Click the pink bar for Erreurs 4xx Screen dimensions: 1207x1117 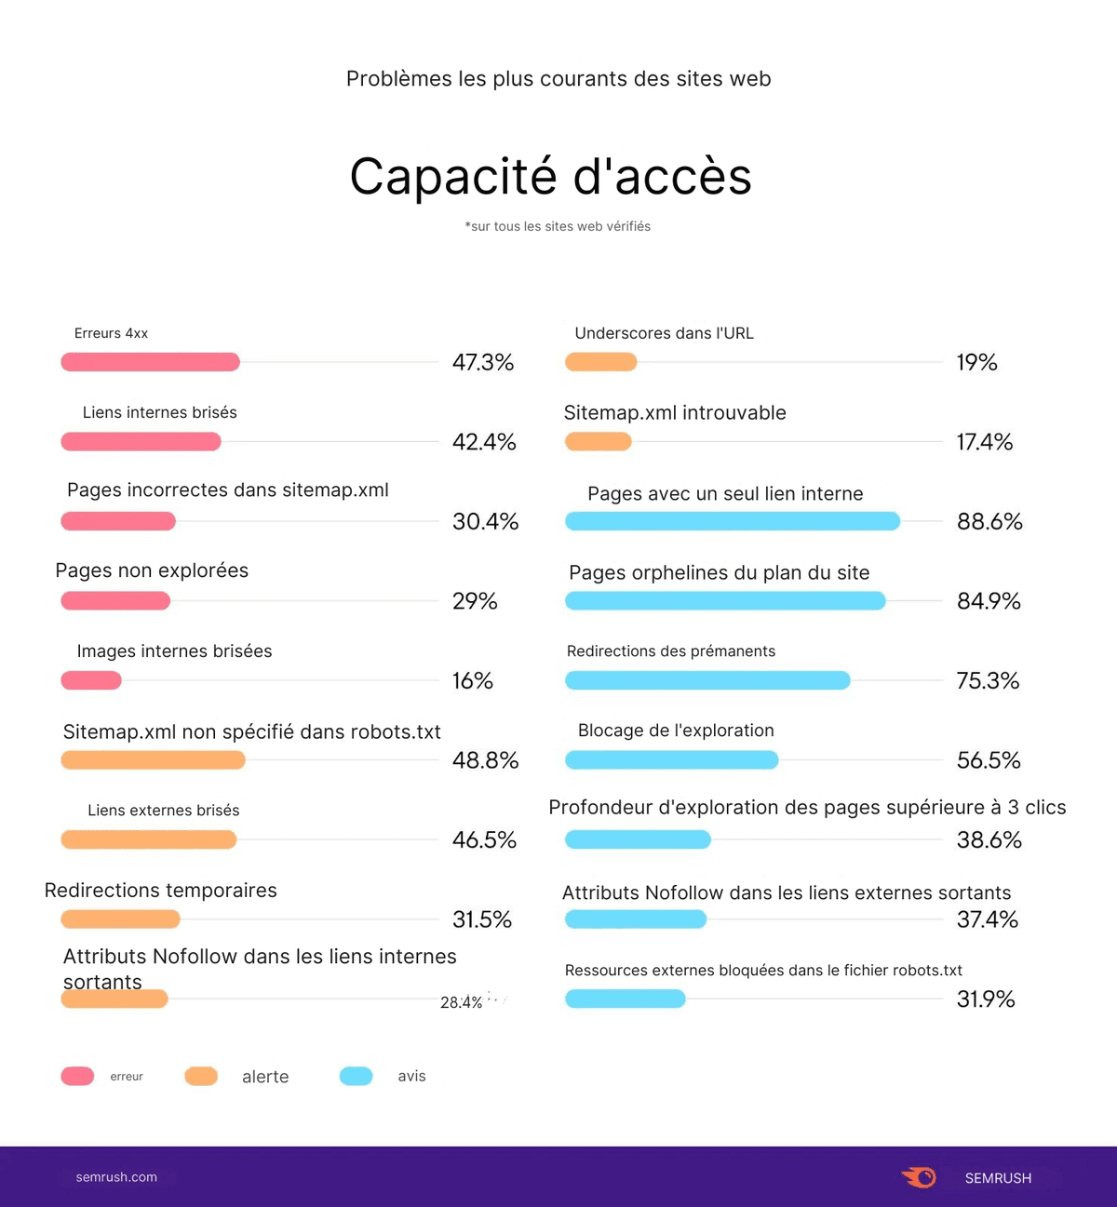pyautogui.click(x=150, y=362)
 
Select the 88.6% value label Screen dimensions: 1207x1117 pyautogui.click(x=989, y=522)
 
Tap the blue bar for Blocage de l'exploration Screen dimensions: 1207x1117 pyautogui.click(x=671, y=760)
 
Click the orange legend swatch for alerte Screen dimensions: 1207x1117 pyautogui.click(x=201, y=1077)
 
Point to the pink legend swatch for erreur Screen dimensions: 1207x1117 pyautogui.click(x=77, y=1077)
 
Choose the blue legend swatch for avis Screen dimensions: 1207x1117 pyautogui.click(x=357, y=1077)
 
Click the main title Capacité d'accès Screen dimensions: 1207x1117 pyautogui.click(x=550, y=177)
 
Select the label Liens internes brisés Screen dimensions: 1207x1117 pyautogui.click(x=159, y=412)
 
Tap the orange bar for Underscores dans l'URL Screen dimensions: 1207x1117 pyautogui.click(x=600, y=362)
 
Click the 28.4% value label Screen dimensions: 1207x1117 pyautogui.click(x=461, y=1002)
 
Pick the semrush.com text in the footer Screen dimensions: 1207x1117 pyautogui.click(x=116, y=1177)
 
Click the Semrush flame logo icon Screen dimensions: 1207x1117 pyautogui.click(x=919, y=1177)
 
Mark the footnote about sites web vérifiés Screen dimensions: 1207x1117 pyautogui.click(x=558, y=226)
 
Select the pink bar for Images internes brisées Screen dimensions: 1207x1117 pyautogui.click(x=91, y=680)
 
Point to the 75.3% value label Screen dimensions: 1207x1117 pyautogui.click(x=988, y=681)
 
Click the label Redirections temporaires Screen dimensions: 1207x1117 pyautogui.click(x=160, y=891)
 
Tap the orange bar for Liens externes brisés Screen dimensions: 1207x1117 pyautogui.click(x=148, y=840)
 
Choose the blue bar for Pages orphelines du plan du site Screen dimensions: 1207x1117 pyautogui.click(x=725, y=601)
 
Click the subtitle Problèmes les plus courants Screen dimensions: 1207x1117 pyautogui.click(x=558, y=79)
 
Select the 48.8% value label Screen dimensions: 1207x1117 pyautogui.click(x=485, y=760)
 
